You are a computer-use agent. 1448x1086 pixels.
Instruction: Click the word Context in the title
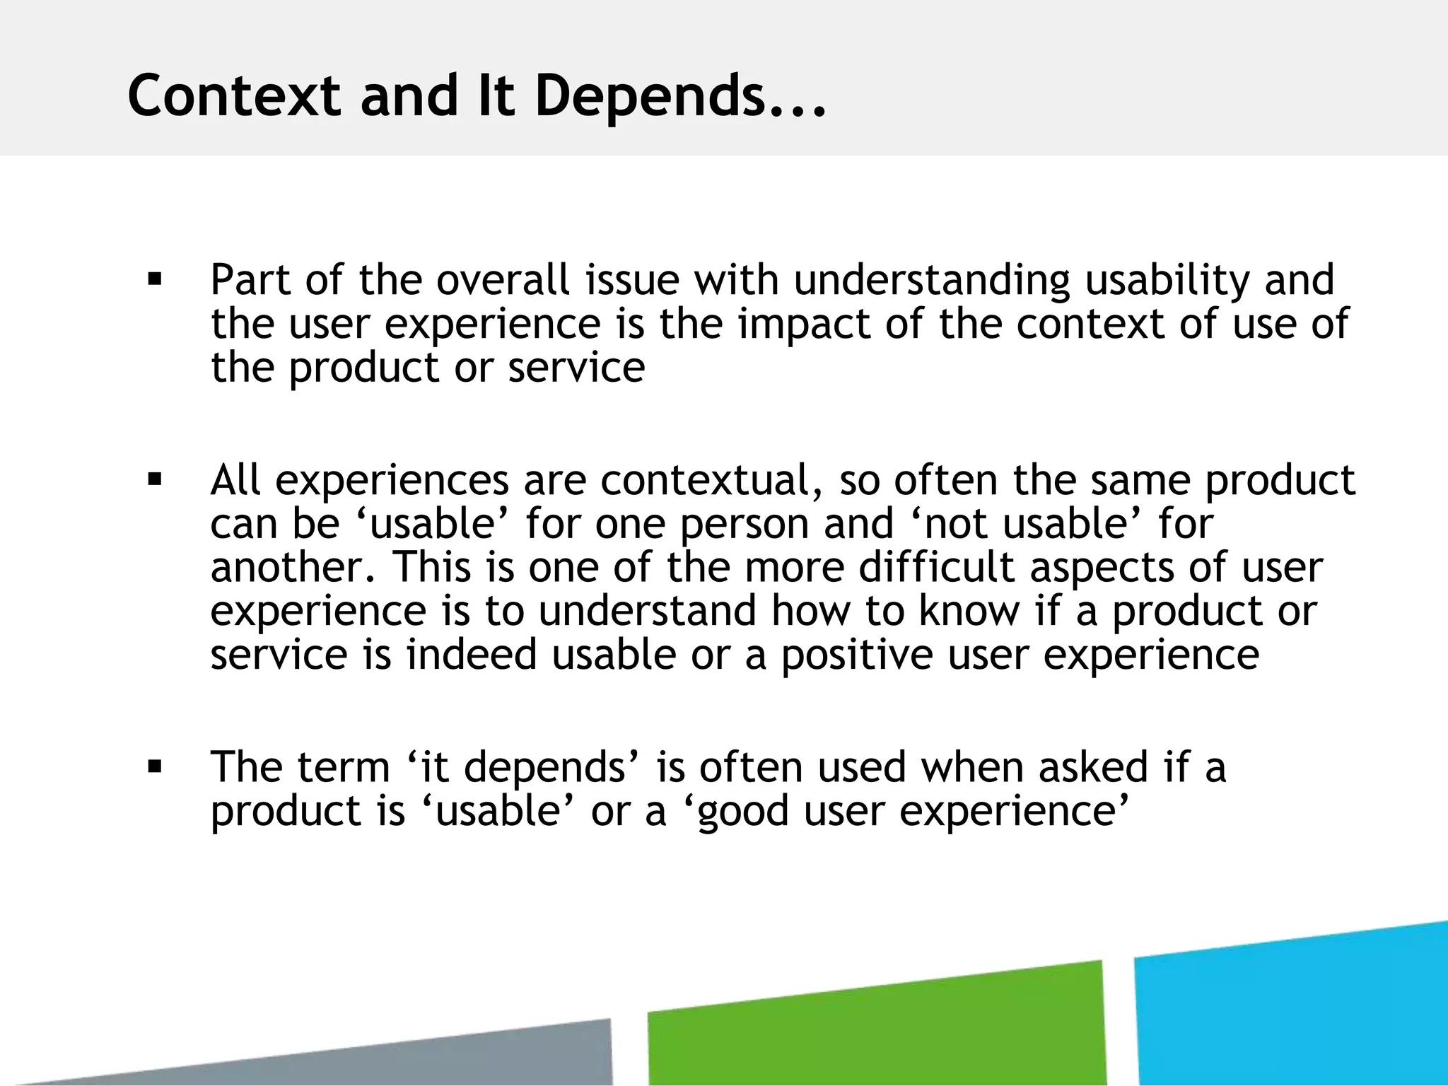[x=233, y=97]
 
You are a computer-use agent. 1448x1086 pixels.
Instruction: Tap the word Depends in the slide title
[x=650, y=97]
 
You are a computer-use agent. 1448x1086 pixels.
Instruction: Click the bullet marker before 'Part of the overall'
[x=155, y=279]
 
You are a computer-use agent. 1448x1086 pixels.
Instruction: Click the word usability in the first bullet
[x=1167, y=280]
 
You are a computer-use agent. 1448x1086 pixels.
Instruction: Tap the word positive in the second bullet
[x=856, y=655]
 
